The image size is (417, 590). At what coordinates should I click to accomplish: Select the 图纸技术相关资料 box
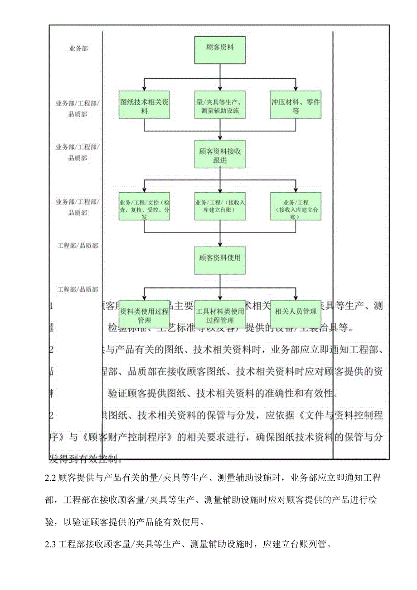pos(145,106)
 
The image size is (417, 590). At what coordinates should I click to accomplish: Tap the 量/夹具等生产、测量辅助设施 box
pos(220,106)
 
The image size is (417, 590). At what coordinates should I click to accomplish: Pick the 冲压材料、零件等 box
pos(296,106)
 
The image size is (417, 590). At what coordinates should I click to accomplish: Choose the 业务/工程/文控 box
pos(145,206)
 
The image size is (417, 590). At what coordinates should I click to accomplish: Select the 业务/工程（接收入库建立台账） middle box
pos(220,206)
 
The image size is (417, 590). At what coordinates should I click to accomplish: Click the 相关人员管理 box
pos(296,312)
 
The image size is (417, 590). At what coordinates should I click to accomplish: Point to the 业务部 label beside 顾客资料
pos(78,49)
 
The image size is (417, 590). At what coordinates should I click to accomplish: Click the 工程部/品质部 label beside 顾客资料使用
pos(78,246)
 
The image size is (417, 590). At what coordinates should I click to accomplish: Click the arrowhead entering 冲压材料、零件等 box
pos(296,88)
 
